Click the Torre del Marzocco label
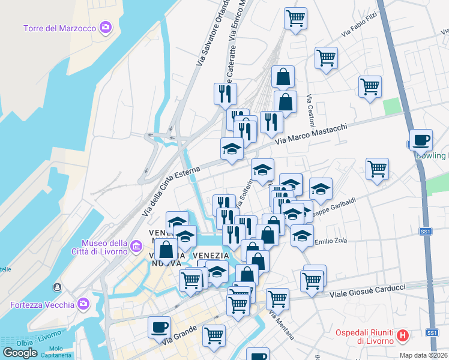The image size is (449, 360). pyautogui.click(x=60, y=28)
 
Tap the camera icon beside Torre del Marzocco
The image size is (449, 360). pyautogui.click(x=106, y=28)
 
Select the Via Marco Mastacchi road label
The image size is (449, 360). pyautogui.click(x=312, y=133)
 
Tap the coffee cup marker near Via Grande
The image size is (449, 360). pyautogui.click(x=160, y=327)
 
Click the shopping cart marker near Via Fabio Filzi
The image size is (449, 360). pyautogui.click(x=326, y=58)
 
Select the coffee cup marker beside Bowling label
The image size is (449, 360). pyautogui.click(x=421, y=140)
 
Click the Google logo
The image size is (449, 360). pyautogui.click(x=20, y=353)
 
